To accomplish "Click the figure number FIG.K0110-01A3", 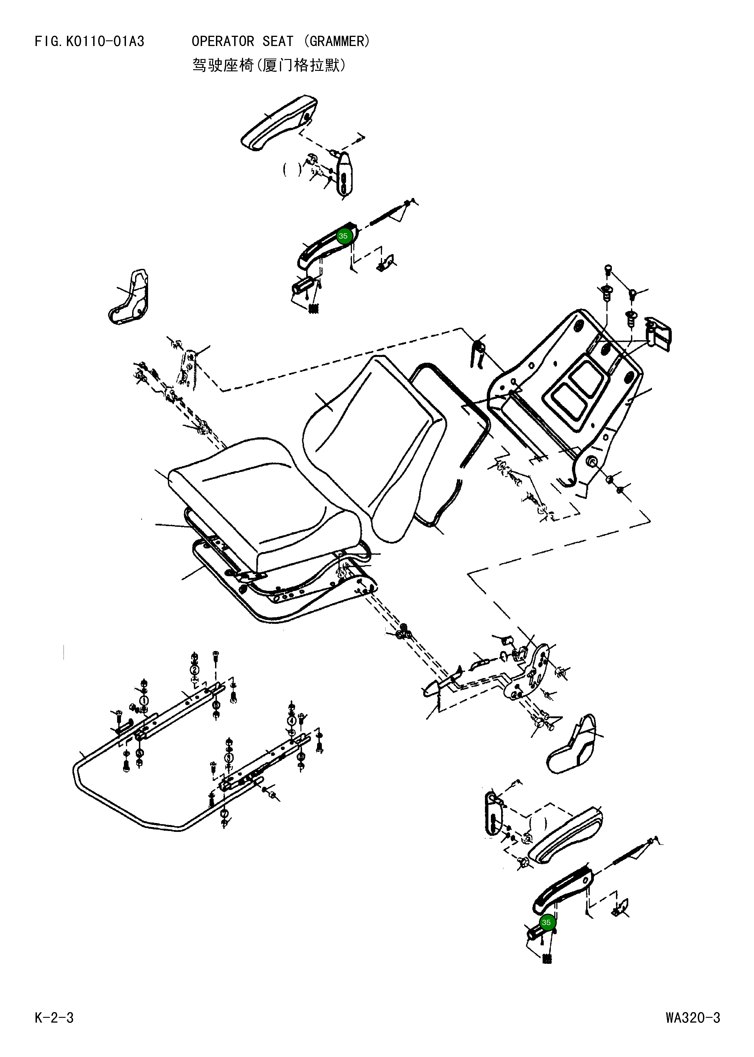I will [x=90, y=42].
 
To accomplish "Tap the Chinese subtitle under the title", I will [x=269, y=65].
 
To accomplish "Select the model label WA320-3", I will [x=693, y=1018].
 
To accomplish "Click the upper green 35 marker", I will [x=343, y=236].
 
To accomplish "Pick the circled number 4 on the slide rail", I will [x=292, y=721].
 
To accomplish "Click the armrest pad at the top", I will [x=279, y=123].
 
